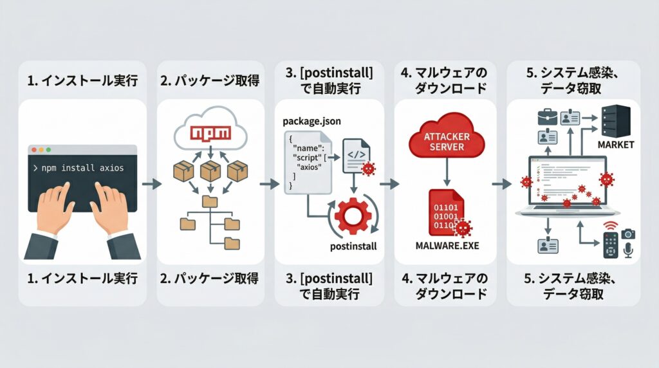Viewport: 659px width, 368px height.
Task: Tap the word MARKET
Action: click(616, 145)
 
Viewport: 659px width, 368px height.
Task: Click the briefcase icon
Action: click(548, 116)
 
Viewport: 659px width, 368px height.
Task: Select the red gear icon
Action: click(351, 217)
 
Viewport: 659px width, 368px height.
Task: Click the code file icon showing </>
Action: click(355, 155)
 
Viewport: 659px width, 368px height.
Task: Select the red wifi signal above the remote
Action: click(611, 225)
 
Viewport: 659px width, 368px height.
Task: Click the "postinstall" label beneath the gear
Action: click(351, 246)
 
